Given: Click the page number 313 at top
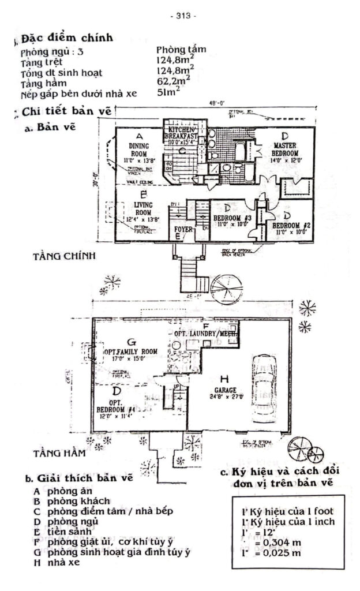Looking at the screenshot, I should [183, 16].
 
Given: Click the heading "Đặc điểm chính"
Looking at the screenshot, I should [67, 39].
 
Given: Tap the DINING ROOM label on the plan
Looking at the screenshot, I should [139, 149].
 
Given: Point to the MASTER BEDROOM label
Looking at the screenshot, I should [285, 149].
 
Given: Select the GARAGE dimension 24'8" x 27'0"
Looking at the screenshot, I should [224, 397].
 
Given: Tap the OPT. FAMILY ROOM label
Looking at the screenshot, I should [130, 351].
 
